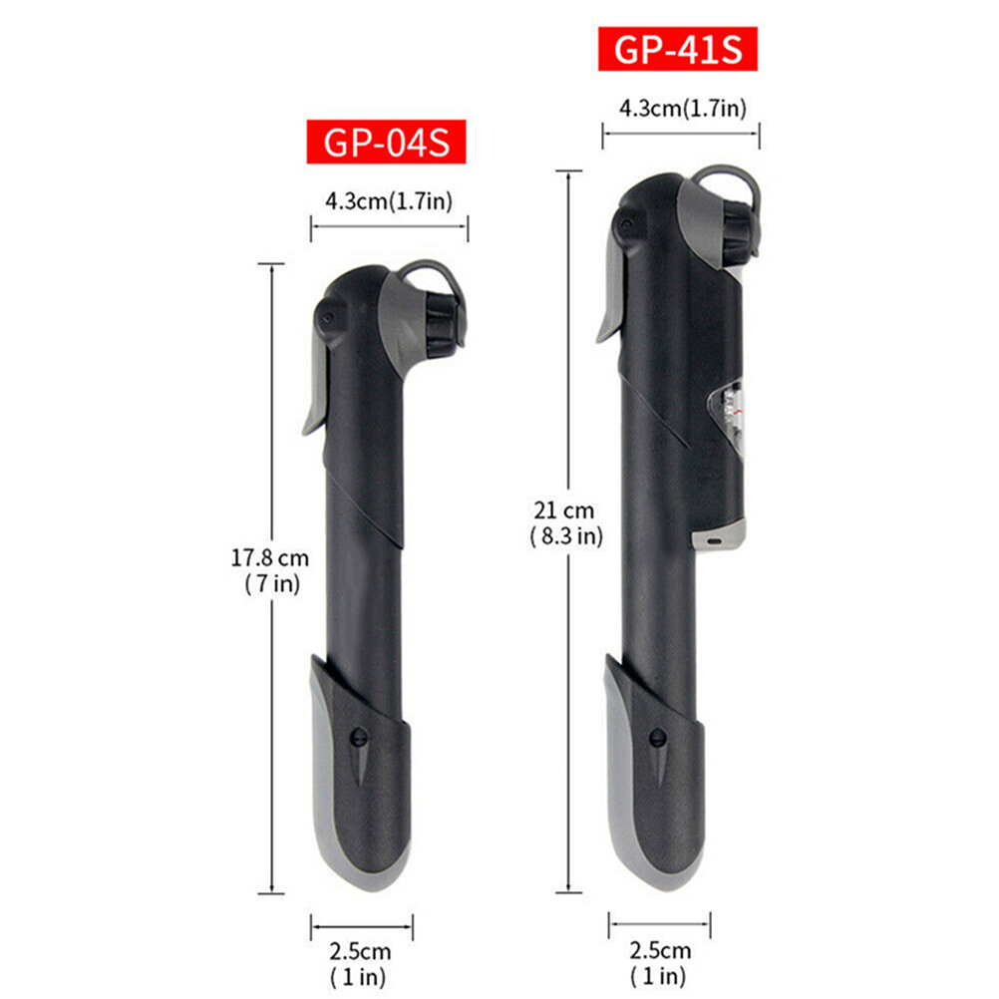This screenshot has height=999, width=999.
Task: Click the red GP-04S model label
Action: [386, 142]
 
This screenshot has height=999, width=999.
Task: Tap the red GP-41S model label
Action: [678, 49]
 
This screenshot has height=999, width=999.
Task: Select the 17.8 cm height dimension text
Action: [269, 558]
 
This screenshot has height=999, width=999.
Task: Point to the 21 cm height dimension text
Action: [564, 510]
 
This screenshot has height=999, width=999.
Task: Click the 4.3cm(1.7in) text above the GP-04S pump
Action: [389, 201]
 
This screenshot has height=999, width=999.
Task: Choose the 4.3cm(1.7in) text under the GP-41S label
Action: [682, 108]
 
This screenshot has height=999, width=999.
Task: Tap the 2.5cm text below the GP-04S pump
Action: [360, 952]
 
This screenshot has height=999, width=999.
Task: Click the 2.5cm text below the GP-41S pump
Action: [660, 950]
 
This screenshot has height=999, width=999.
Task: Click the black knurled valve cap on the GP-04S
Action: [444, 324]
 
